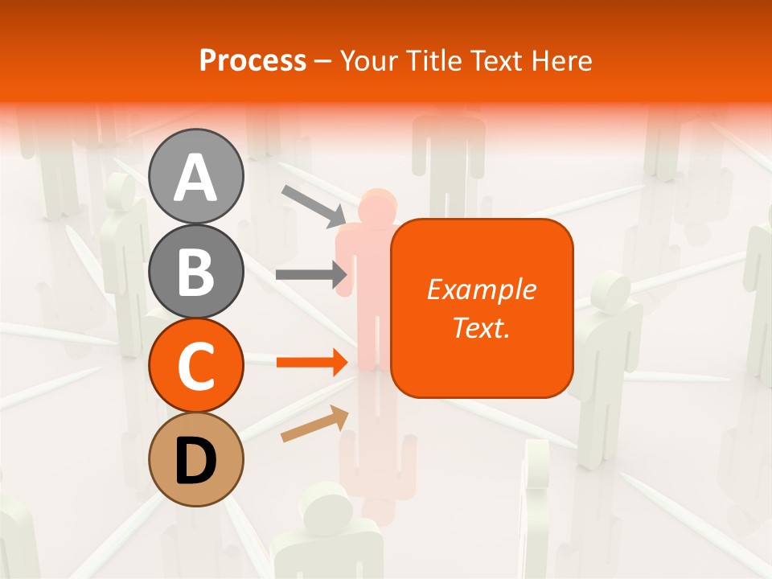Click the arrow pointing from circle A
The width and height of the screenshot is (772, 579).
pyautogui.click(x=313, y=204)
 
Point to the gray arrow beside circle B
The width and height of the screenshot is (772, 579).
pyautogui.click(x=311, y=275)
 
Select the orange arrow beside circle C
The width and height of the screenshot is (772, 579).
pyautogui.click(x=312, y=363)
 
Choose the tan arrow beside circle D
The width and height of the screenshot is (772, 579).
pyautogui.click(x=314, y=424)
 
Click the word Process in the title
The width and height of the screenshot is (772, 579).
pyautogui.click(x=253, y=60)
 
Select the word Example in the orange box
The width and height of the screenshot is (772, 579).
pyautogui.click(x=481, y=289)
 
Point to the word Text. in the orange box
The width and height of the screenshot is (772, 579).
pyautogui.click(x=481, y=327)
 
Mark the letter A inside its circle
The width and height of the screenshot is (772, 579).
pyautogui.click(x=196, y=178)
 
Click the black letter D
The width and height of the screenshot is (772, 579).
pyautogui.click(x=196, y=461)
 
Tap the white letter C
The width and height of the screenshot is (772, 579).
pyautogui.click(x=196, y=367)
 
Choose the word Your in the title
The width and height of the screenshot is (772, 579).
pyautogui.click(x=370, y=60)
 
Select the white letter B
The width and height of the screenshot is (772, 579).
pyautogui.click(x=196, y=271)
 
